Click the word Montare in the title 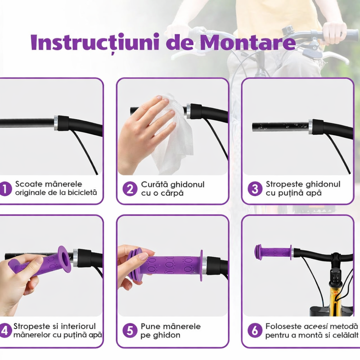tap(248, 43)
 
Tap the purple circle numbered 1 tap(5, 189)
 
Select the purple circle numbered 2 tap(130, 189)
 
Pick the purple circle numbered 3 tap(255, 189)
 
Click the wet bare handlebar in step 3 tap(279, 127)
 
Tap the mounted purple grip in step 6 tap(274, 252)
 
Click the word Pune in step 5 tap(150, 327)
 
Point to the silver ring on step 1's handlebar tap(56, 123)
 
